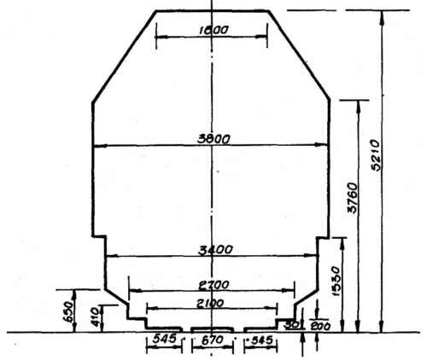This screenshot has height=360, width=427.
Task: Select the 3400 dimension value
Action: click(210, 249)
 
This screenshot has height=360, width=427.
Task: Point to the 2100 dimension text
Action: click(210, 303)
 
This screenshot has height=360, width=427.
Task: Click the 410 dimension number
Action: click(96, 316)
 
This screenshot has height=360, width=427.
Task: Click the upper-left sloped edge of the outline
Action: click(122, 57)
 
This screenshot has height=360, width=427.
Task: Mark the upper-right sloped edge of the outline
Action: click(301, 57)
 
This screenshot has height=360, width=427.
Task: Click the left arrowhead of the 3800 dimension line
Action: click(97, 145)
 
